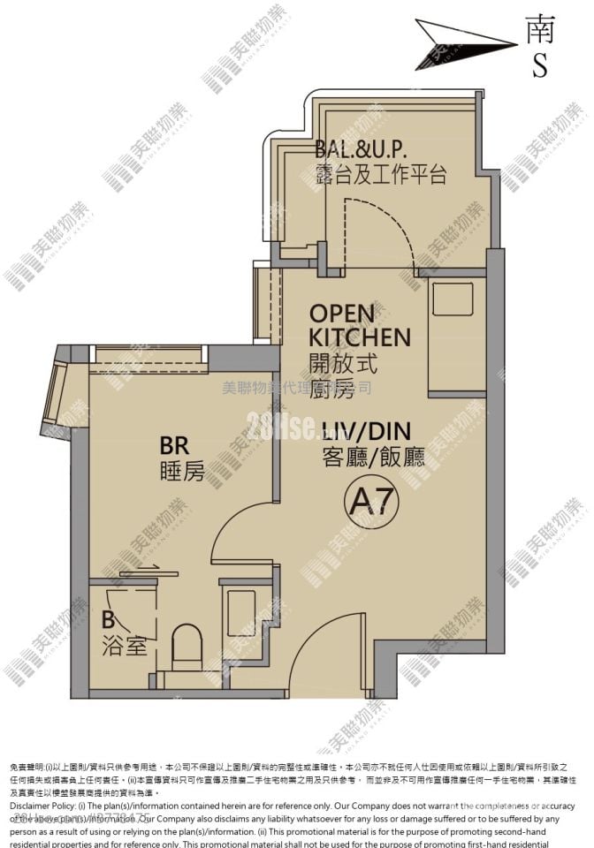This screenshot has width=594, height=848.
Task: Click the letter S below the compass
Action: click(539, 66)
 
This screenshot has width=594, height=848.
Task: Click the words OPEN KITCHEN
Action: click(359, 325)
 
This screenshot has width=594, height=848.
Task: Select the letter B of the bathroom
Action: click(108, 619)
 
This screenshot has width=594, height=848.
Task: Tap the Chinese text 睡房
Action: click(183, 472)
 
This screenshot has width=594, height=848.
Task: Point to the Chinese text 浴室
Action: click(124, 646)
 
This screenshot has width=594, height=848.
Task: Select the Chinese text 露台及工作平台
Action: click(380, 174)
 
